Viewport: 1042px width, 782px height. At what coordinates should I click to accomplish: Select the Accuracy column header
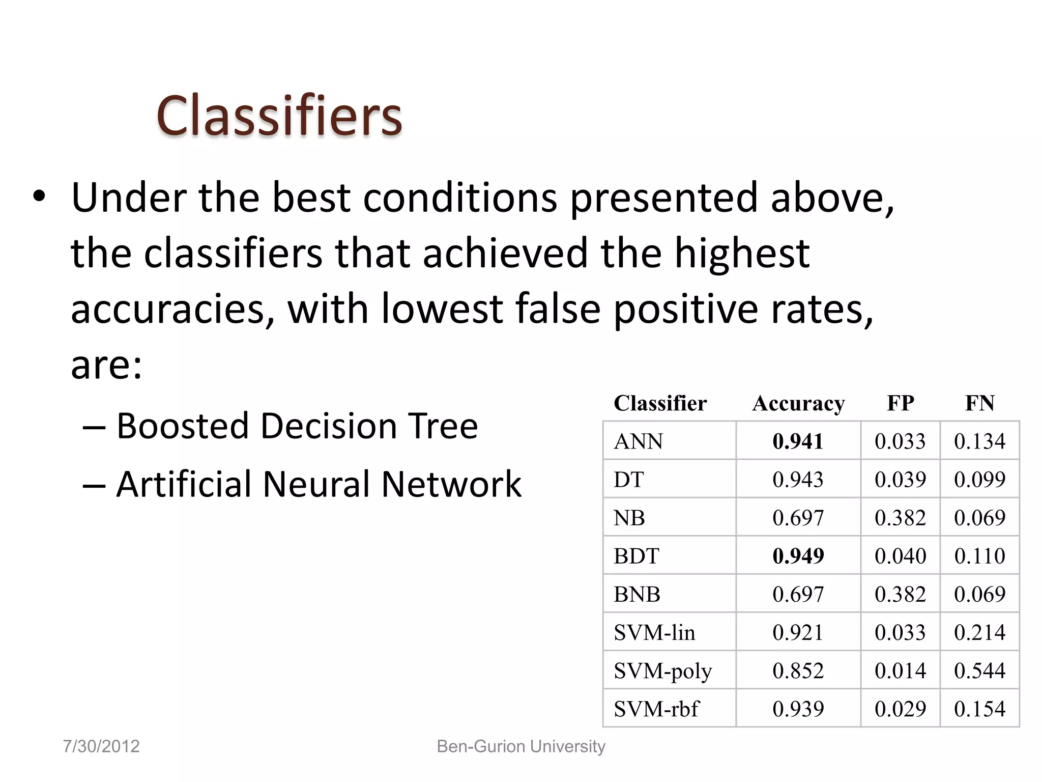798,403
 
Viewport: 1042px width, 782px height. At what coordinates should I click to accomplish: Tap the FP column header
900,403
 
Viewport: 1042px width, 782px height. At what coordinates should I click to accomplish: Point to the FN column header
979,403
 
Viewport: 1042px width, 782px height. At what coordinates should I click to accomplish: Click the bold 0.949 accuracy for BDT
798,555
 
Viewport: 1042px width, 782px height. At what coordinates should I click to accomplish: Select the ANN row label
638,441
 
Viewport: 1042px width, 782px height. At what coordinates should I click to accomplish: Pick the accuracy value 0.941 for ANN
798,441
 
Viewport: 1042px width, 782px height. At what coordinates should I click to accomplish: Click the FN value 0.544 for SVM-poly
979,671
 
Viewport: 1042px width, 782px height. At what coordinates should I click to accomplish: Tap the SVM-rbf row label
656,709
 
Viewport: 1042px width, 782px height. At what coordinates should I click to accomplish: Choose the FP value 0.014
900,671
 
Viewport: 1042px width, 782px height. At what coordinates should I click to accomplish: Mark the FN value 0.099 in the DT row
979,479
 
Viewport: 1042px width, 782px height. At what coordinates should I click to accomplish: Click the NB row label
629,518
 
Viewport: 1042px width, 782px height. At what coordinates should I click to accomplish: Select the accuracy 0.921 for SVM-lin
798,632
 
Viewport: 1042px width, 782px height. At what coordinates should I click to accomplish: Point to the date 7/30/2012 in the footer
101,746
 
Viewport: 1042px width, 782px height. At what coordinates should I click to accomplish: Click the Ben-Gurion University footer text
521,746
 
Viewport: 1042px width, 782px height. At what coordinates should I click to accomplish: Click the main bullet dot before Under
39,197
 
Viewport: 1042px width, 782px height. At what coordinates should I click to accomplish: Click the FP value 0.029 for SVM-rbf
900,709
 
